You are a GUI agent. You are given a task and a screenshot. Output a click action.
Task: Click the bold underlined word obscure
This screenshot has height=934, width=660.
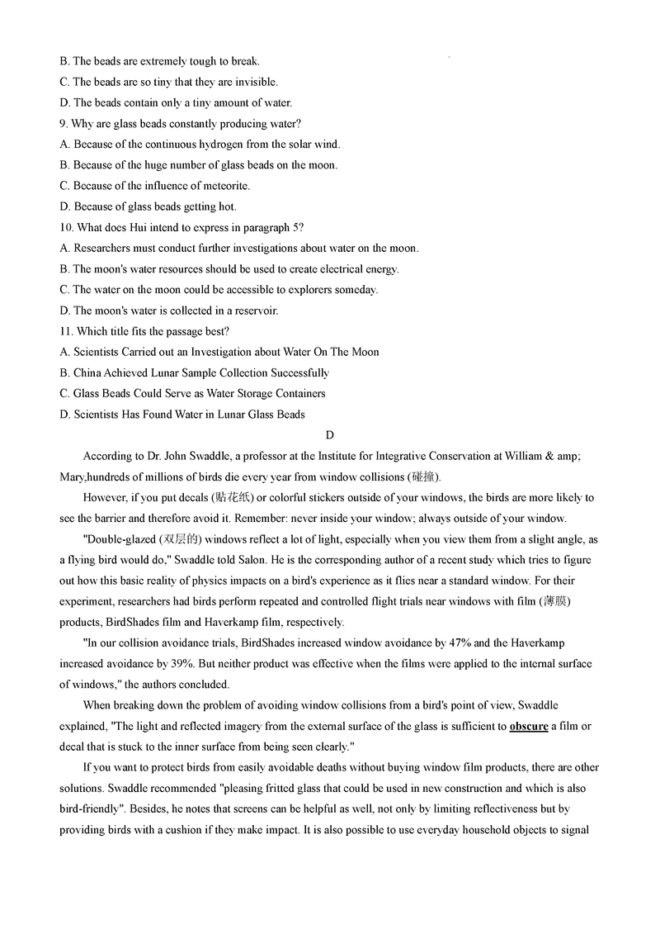(x=529, y=727)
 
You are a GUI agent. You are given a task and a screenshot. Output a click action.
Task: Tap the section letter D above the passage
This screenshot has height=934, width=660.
(x=330, y=435)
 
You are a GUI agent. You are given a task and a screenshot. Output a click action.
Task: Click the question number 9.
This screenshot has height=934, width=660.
(x=64, y=124)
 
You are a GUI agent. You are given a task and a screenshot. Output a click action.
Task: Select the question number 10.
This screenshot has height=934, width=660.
(x=67, y=227)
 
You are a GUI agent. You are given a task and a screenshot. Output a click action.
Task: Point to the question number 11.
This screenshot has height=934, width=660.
(x=67, y=331)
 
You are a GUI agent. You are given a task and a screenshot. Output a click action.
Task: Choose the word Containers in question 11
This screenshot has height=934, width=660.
(x=295, y=393)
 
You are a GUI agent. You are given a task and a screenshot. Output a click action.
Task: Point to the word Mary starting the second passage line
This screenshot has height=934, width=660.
(x=73, y=476)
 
